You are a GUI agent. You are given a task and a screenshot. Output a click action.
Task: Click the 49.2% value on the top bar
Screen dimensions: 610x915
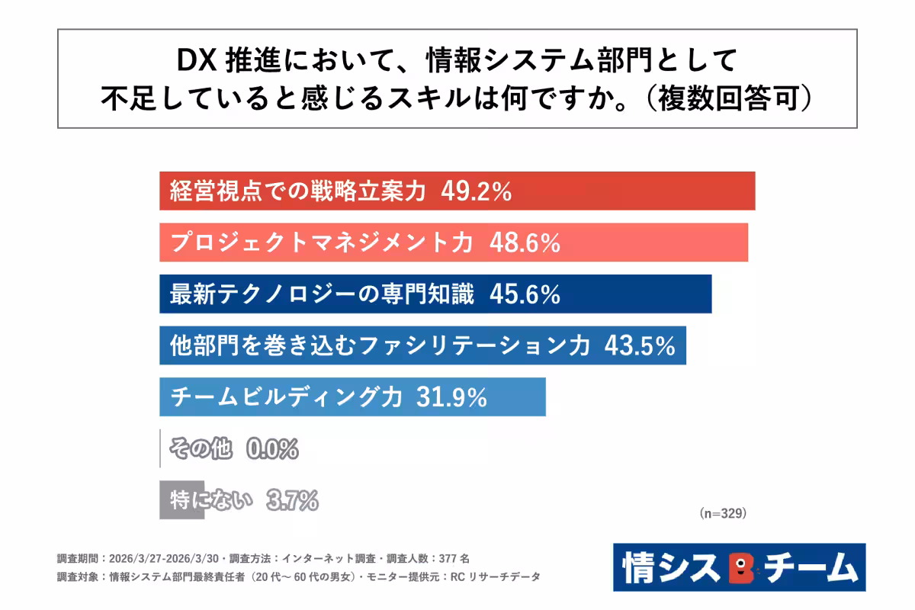pyautogui.click(x=476, y=192)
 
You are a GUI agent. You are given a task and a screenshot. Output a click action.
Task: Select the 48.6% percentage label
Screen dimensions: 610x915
pyautogui.click(x=525, y=243)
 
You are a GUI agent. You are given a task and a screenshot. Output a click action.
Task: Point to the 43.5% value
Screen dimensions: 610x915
pyautogui.click(x=640, y=346)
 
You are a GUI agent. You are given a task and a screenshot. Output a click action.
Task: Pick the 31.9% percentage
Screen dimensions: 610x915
pyautogui.click(x=451, y=397)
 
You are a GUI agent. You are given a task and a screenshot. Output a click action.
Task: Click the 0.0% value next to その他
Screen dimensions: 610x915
pyautogui.click(x=272, y=449)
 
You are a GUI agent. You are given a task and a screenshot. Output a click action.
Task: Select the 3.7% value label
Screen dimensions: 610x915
pyautogui.click(x=292, y=500)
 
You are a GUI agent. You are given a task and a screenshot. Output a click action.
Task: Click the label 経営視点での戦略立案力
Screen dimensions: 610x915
pyautogui.click(x=297, y=192)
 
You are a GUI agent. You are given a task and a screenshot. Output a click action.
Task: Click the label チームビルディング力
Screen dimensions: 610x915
pyautogui.click(x=286, y=397)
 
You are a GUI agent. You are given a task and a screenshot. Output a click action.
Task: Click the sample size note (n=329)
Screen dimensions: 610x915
pyautogui.click(x=722, y=514)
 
